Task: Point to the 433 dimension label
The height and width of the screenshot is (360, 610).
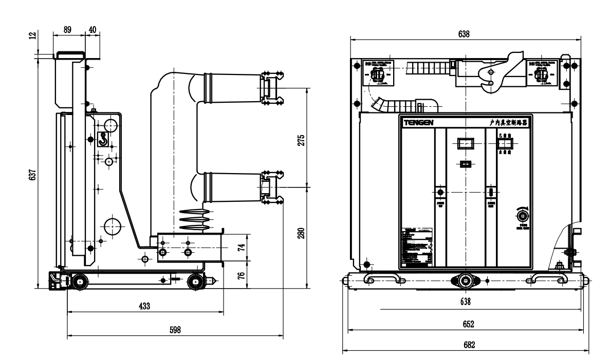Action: click(145, 306)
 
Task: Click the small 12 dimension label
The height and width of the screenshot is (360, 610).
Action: click(33, 36)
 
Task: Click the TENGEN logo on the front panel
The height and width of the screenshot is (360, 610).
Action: click(418, 123)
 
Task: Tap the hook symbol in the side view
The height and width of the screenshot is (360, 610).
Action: click(103, 139)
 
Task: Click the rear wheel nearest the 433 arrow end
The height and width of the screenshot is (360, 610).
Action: click(195, 281)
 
